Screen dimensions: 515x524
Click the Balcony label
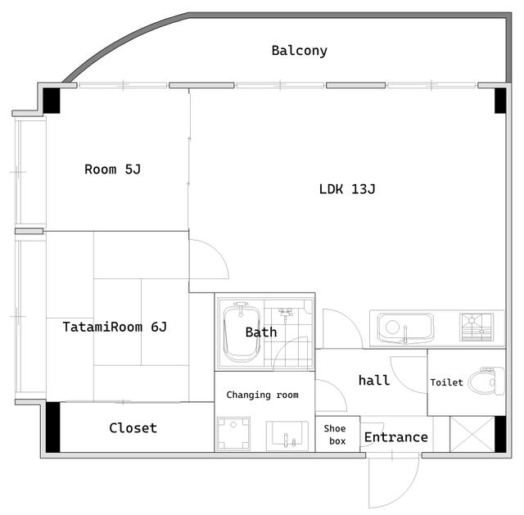pyautogui.click(x=299, y=51)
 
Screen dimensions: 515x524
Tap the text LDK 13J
pyautogui.click(x=347, y=189)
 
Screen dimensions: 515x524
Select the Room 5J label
pyautogui.click(x=113, y=169)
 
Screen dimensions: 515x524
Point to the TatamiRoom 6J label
pyautogui.click(x=115, y=327)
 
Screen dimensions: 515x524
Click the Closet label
pyautogui.click(x=133, y=427)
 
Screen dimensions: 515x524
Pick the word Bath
pyautogui.click(x=261, y=332)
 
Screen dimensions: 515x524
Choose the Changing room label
pyautogui.click(x=262, y=395)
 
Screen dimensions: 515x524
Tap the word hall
pyautogui.click(x=374, y=380)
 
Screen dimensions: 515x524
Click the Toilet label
pyautogui.click(x=446, y=382)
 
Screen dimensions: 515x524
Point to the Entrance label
pyautogui.click(x=395, y=437)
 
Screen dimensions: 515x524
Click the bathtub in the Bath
pyautogui.click(x=241, y=332)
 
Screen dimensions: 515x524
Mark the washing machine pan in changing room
pyautogui.click(x=233, y=434)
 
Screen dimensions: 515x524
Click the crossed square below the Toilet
pyautogui.click(x=471, y=433)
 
